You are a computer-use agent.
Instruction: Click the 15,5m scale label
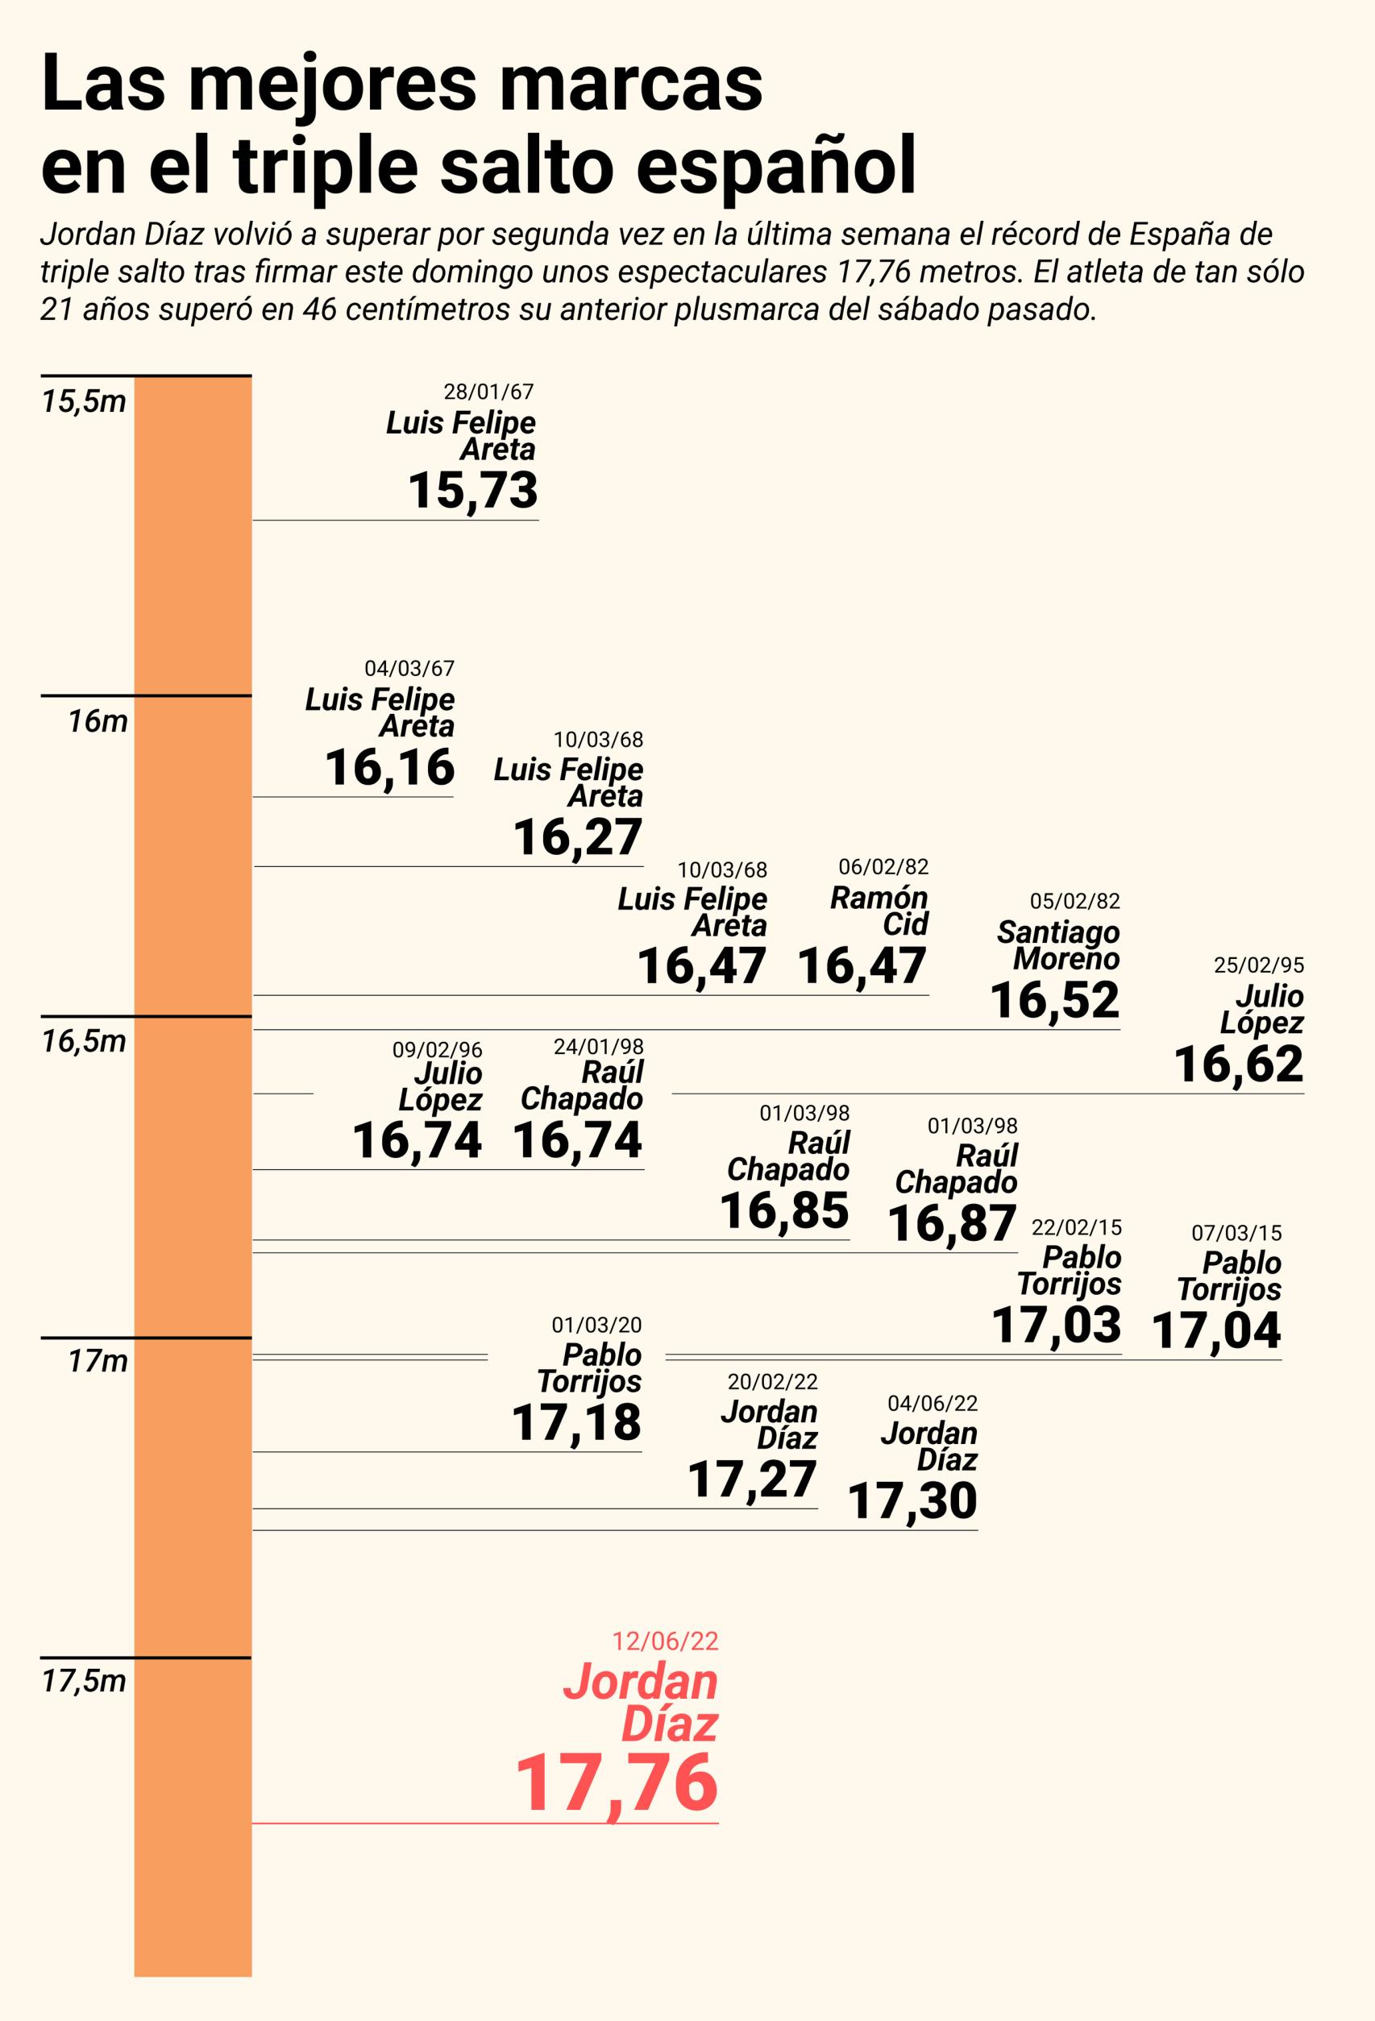coord(84,402)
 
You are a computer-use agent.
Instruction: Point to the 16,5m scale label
coord(84,1041)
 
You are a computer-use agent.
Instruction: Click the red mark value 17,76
coord(617,1783)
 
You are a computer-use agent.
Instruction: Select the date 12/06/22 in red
coord(665,1641)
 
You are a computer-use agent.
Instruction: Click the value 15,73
coord(472,491)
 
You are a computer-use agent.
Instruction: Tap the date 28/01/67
coord(488,392)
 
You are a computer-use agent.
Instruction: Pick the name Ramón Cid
coord(879,911)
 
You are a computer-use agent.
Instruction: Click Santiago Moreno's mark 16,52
coord(1054,1000)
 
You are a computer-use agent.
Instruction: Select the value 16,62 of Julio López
coord(1239,1064)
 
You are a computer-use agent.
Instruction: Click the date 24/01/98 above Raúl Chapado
coord(598,1046)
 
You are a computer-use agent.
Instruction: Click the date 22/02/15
coord(1076,1228)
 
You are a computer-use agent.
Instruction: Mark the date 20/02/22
coord(772,1381)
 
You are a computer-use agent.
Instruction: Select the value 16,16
coord(389,767)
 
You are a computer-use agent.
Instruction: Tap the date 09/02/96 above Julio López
coord(437,1050)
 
